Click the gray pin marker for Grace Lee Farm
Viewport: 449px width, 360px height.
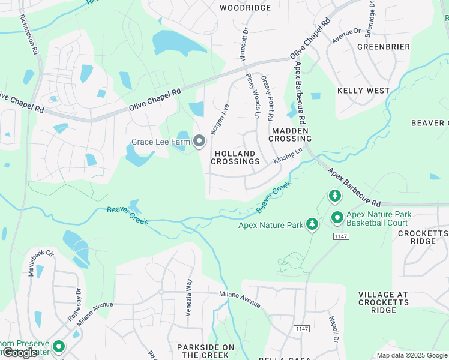click(x=199, y=142)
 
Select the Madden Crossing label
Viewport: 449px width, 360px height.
click(x=291, y=134)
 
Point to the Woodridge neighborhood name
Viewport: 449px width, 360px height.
click(x=245, y=8)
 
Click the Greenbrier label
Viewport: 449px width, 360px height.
click(x=384, y=46)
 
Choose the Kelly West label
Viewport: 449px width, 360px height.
click(x=363, y=91)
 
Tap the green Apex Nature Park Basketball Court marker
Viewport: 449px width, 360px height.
click(x=337, y=218)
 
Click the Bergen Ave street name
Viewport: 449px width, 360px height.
click(x=220, y=119)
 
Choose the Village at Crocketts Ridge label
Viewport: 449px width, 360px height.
click(x=384, y=302)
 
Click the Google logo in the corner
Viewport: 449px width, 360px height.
click(x=20, y=353)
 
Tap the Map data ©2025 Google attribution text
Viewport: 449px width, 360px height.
click(x=411, y=355)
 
